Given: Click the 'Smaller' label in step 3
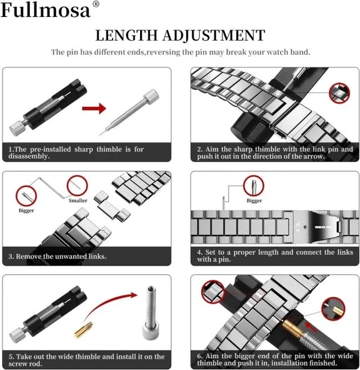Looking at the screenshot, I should click(78, 200).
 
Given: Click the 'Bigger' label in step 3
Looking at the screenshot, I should click(26, 210).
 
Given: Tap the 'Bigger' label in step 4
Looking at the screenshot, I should click(254, 201).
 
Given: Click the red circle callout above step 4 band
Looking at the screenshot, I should click(252, 186).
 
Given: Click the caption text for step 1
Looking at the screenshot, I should click(76, 153).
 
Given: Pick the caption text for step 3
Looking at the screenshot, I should click(57, 256).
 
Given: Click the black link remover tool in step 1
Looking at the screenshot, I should click(38, 115).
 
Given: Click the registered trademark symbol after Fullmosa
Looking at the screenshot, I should click(96, 5).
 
